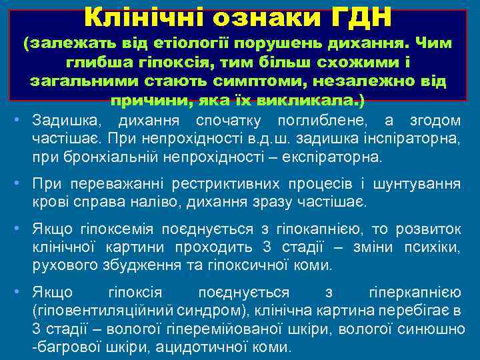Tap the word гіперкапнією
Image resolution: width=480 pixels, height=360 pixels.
[x=413, y=293]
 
